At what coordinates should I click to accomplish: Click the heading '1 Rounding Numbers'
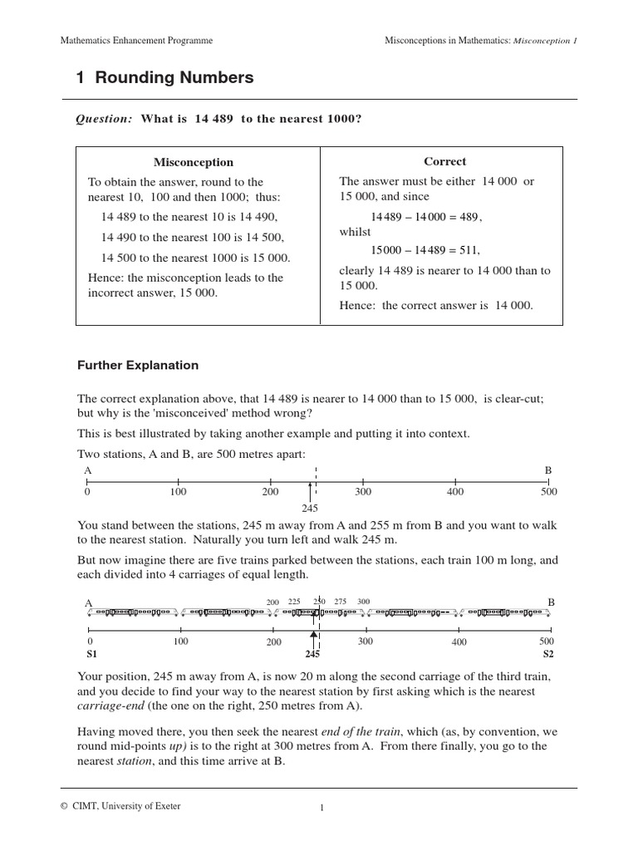164,78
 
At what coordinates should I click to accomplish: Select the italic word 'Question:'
105,119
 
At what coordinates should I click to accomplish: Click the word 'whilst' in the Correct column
355,232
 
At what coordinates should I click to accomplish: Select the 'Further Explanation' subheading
138,365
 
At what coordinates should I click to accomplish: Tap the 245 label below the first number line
311,508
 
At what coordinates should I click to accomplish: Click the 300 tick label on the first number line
362,492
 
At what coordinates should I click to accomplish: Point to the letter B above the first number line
547,470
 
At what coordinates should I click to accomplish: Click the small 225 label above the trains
294,602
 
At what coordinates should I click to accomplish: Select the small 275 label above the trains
340,602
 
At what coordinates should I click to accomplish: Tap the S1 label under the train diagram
91,654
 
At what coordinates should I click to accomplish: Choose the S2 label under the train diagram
547,654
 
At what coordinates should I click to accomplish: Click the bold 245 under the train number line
313,654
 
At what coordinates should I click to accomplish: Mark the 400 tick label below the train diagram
459,642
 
